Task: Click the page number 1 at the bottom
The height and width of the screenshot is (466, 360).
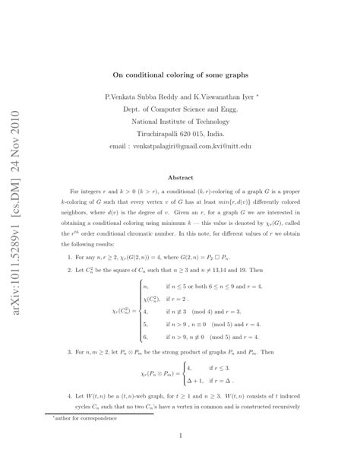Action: (180, 436)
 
